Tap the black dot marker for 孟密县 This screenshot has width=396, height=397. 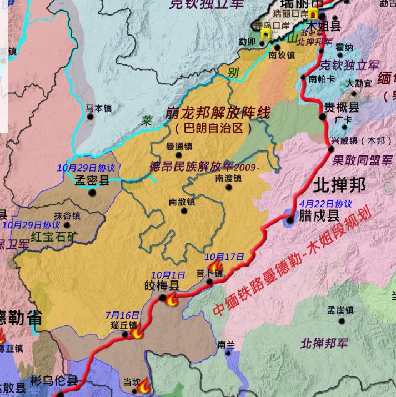[92, 193]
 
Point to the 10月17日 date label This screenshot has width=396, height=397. [224, 257]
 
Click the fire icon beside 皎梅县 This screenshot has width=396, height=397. [172, 300]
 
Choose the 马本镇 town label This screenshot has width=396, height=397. [99, 109]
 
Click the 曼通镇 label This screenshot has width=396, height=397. [179, 147]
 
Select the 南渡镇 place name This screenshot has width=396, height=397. [228, 178]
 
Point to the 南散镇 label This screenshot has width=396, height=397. [182, 202]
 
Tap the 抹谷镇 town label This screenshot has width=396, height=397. [67, 216]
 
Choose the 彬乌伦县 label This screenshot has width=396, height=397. [55, 381]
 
